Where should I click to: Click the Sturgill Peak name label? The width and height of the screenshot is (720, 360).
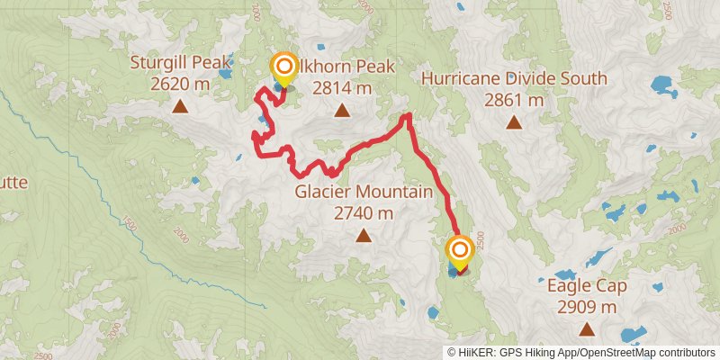click(x=182, y=64)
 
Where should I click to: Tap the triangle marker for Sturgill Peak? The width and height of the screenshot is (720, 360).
click(x=180, y=107)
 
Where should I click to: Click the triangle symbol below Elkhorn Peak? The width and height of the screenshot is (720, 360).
click(x=342, y=111)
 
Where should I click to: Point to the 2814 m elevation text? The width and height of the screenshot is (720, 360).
click(x=342, y=88)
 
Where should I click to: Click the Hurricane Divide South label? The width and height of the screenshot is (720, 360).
click(x=514, y=79)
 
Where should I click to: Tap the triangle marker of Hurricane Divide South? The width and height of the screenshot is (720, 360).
click(x=514, y=122)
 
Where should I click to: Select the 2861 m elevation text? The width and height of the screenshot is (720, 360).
click(x=514, y=100)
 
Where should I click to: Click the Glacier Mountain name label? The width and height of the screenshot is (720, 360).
click(x=364, y=193)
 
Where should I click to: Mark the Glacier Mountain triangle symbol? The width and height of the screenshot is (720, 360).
click(x=363, y=236)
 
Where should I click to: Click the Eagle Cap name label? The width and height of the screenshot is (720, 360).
click(x=586, y=287)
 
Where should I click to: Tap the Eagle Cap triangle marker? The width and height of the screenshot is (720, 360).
click(x=586, y=329)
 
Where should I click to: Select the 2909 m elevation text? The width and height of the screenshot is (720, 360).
click(x=586, y=308)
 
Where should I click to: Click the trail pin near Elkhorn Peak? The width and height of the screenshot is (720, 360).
click(x=284, y=67)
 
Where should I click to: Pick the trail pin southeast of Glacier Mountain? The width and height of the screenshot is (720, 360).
click(x=460, y=251)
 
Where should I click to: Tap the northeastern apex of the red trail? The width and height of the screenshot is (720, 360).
click(x=408, y=115)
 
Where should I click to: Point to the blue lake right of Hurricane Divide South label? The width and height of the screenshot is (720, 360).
click(x=664, y=88)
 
